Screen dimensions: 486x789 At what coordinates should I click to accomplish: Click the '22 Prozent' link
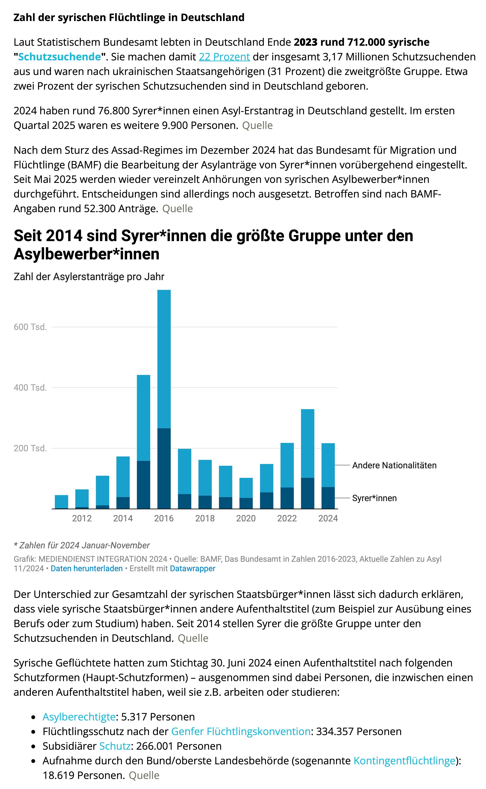click(224, 57)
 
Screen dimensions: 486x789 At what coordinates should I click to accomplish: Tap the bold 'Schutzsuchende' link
click(59, 57)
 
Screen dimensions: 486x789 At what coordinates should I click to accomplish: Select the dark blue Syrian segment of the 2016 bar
click(164, 468)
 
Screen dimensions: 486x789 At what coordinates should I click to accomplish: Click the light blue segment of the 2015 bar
click(143, 418)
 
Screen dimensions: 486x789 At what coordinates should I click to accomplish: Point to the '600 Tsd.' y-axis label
click(30, 327)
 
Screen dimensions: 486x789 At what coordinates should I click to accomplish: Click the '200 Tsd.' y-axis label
click(30, 448)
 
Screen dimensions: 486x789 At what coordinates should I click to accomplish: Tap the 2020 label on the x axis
click(246, 518)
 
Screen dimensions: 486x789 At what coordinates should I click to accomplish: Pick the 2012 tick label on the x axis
click(82, 518)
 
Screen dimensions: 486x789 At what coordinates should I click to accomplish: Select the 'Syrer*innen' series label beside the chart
click(374, 498)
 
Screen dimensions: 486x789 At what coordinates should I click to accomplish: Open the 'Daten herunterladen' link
click(87, 568)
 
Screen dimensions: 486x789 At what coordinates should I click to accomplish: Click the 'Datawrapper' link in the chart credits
click(192, 568)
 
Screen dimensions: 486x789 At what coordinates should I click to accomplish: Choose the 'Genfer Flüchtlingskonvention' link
click(241, 731)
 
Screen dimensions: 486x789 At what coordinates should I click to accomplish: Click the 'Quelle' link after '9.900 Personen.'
click(257, 125)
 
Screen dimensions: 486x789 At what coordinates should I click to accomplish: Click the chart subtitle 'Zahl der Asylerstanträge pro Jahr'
click(89, 277)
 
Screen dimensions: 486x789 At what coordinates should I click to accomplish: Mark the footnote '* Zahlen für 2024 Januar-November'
click(82, 545)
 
